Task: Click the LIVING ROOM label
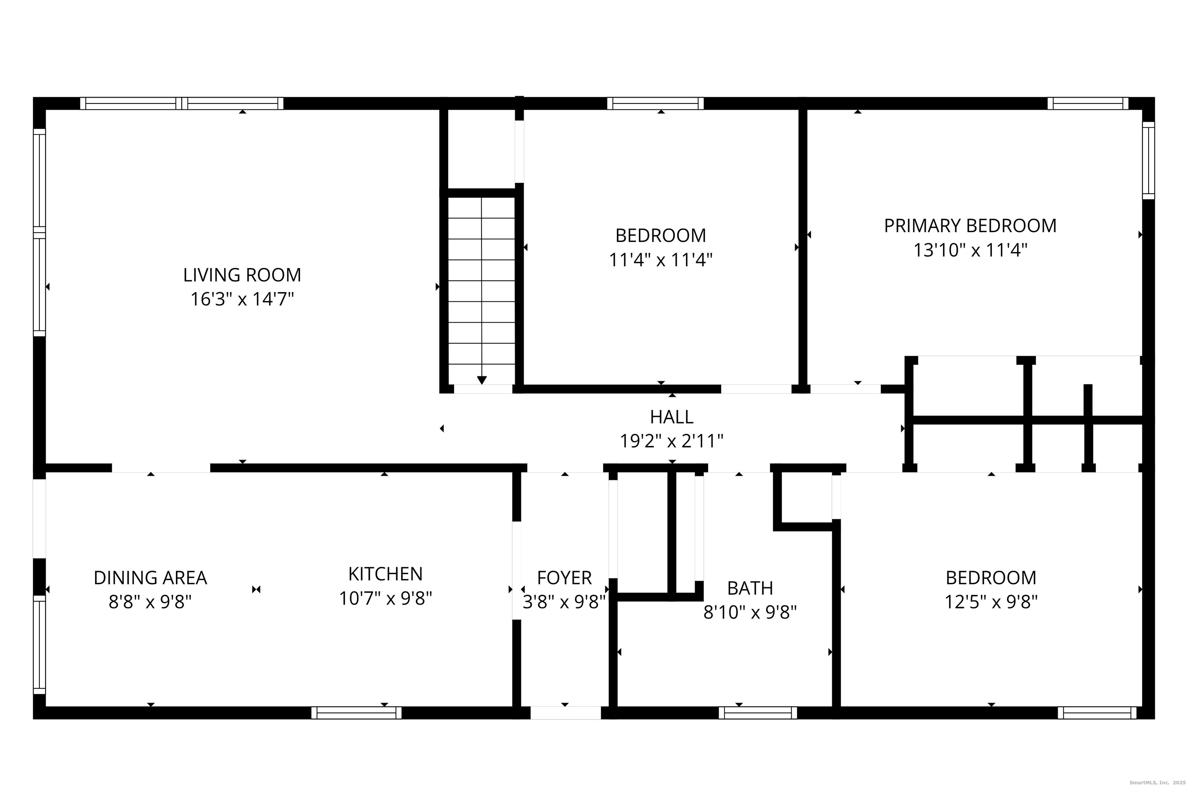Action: (242, 275)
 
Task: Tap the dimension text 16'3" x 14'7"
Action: (242, 299)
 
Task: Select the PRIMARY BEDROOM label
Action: (970, 226)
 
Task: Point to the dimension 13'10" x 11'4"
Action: (970, 250)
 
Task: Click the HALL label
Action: (672, 416)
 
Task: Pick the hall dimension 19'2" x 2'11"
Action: (672, 441)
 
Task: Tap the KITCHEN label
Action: (385, 574)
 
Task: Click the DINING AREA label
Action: (150, 578)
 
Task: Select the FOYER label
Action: (564, 578)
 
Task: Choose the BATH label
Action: (750, 588)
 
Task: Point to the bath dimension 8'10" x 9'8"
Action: (750, 612)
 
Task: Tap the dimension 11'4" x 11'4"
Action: (661, 260)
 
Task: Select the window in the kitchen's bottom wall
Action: (356, 713)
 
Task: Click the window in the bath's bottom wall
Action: (758, 713)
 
